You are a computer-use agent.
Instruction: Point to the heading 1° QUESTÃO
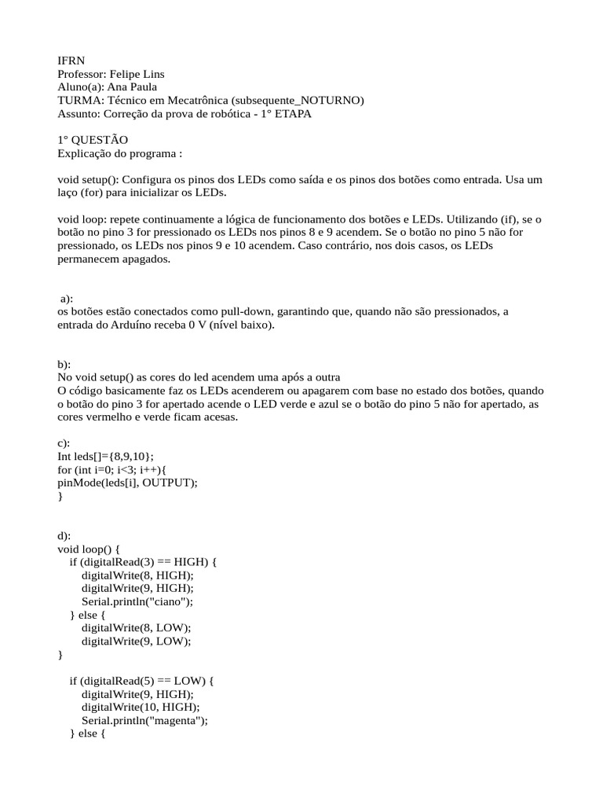[x=93, y=140]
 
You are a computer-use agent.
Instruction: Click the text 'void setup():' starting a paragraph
[x=88, y=180]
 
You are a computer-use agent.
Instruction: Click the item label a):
[x=67, y=299]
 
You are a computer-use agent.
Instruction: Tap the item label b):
[x=64, y=364]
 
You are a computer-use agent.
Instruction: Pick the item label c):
[x=64, y=443]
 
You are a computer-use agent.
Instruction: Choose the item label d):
[x=64, y=536]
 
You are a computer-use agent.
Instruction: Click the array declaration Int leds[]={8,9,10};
[x=106, y=457]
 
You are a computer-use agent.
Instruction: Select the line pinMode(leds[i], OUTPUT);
[x=127, y=483]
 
